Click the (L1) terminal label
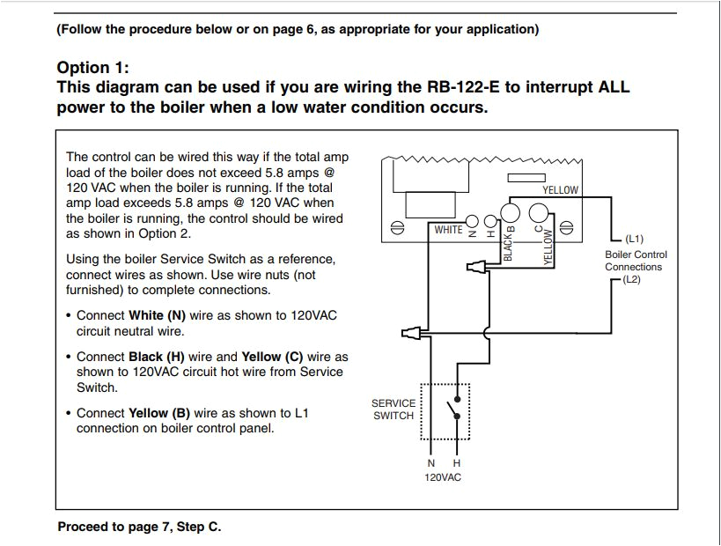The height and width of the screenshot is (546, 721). (x=634, y=239)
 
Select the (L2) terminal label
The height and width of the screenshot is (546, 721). (x=631, y=279)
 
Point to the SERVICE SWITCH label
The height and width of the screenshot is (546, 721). (x=394, y=409)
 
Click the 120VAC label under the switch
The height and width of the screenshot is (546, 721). (x=443, y=477)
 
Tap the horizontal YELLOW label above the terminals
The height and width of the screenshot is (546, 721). (x=560, y=189)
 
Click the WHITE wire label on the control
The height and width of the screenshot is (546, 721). (x=448, y=230)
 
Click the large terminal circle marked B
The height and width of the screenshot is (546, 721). (x=510, y=213)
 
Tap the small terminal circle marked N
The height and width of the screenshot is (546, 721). (x=473, y=221)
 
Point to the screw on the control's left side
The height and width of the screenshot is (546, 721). (x=397, y=229)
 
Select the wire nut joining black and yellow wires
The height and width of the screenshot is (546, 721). (x=475, y=263)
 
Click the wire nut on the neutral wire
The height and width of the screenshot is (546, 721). (x=410, y=332)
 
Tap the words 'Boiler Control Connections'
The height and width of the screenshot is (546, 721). (x=636, y=261)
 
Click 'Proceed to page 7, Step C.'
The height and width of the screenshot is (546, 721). (x=139, y=527)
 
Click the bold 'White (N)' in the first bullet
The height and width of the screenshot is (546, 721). (x=158, y=315)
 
